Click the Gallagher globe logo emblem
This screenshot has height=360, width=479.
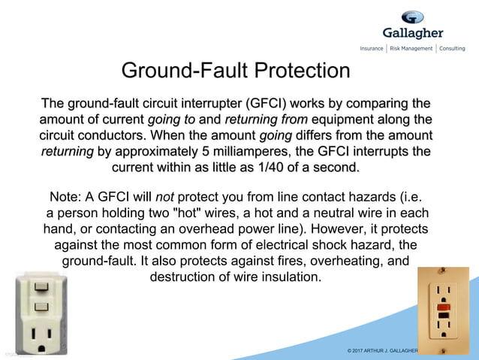pyautogui.click(x=412, y=17)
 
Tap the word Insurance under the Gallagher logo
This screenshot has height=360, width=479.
pyautogui.click(x=372, y=48)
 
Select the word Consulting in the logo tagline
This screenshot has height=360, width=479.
pyautogui.click(x=452, y=48)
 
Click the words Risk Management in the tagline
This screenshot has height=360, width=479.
pyautogui.click(x=411, y=48)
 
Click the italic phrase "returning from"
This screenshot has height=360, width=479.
pyautogui.click(x=256, y=119)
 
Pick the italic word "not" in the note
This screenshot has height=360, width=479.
pyautogui.click(x=164, y=197)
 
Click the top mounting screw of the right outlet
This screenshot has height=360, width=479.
pyautogui.click(x=444, y=274)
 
